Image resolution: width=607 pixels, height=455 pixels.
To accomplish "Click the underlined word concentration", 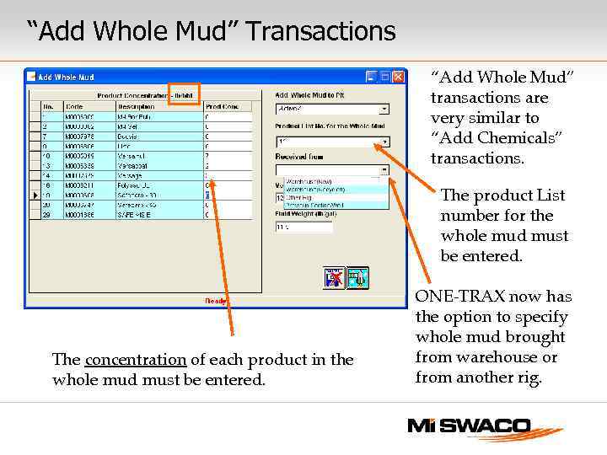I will [x=136, y=360].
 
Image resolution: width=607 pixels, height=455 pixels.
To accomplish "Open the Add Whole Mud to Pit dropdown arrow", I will [x=384, y=110].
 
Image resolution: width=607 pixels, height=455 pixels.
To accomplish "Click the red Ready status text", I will [x=217, y=300].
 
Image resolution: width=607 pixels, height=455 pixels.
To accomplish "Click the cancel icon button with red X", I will [x=335, y=277].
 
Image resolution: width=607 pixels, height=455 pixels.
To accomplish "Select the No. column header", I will [x=48, y=107].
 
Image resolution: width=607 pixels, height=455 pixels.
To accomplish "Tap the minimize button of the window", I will [x=371, y=76].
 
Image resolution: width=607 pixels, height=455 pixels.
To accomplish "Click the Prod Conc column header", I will [x=223, y=107].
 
